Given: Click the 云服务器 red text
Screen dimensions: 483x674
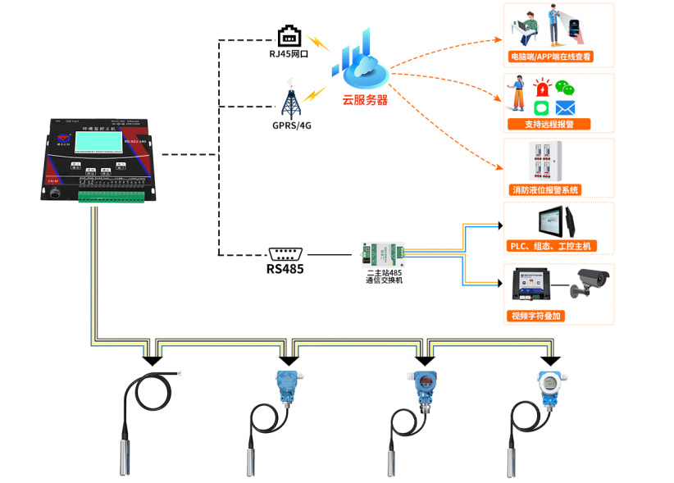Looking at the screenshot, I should (x=365, y=100).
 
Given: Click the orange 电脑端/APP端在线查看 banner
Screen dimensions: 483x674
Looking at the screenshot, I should (x=549, y=58).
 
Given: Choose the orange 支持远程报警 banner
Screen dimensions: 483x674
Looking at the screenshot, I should (x=549, y=125).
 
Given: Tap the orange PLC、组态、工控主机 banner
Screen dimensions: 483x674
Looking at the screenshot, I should (x=549, y=246).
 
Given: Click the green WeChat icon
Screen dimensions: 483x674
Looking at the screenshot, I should (x=564, y=87).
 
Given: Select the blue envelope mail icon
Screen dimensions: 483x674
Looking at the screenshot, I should (x=565, y=107).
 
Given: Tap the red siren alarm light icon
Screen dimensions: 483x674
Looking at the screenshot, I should (x=542, y=88).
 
